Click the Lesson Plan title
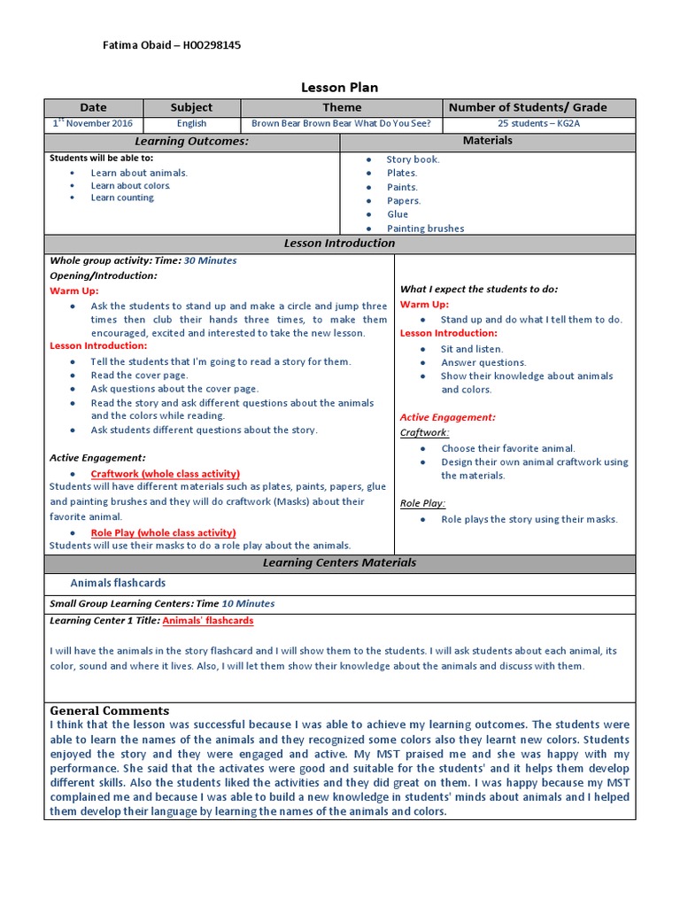coord(339,88)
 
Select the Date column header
coord(93,107)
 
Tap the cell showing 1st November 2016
coord(93,124)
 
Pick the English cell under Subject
coord(191,124)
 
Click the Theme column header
coord(341,107)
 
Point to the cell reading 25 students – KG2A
coord(538,124)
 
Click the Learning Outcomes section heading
coord(191,142)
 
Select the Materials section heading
coord(487,141)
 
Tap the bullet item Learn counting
coord(122,198)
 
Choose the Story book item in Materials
coord(413,159)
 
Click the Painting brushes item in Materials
coord(425,229)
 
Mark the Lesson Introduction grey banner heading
coord(339,244)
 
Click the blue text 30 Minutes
coord(210,261)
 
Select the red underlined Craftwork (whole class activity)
coord(165,474)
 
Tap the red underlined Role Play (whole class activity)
coord(163,532)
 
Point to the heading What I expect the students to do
coord(479,289)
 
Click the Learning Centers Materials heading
coord(339,563)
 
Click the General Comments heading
coord(109,710)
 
